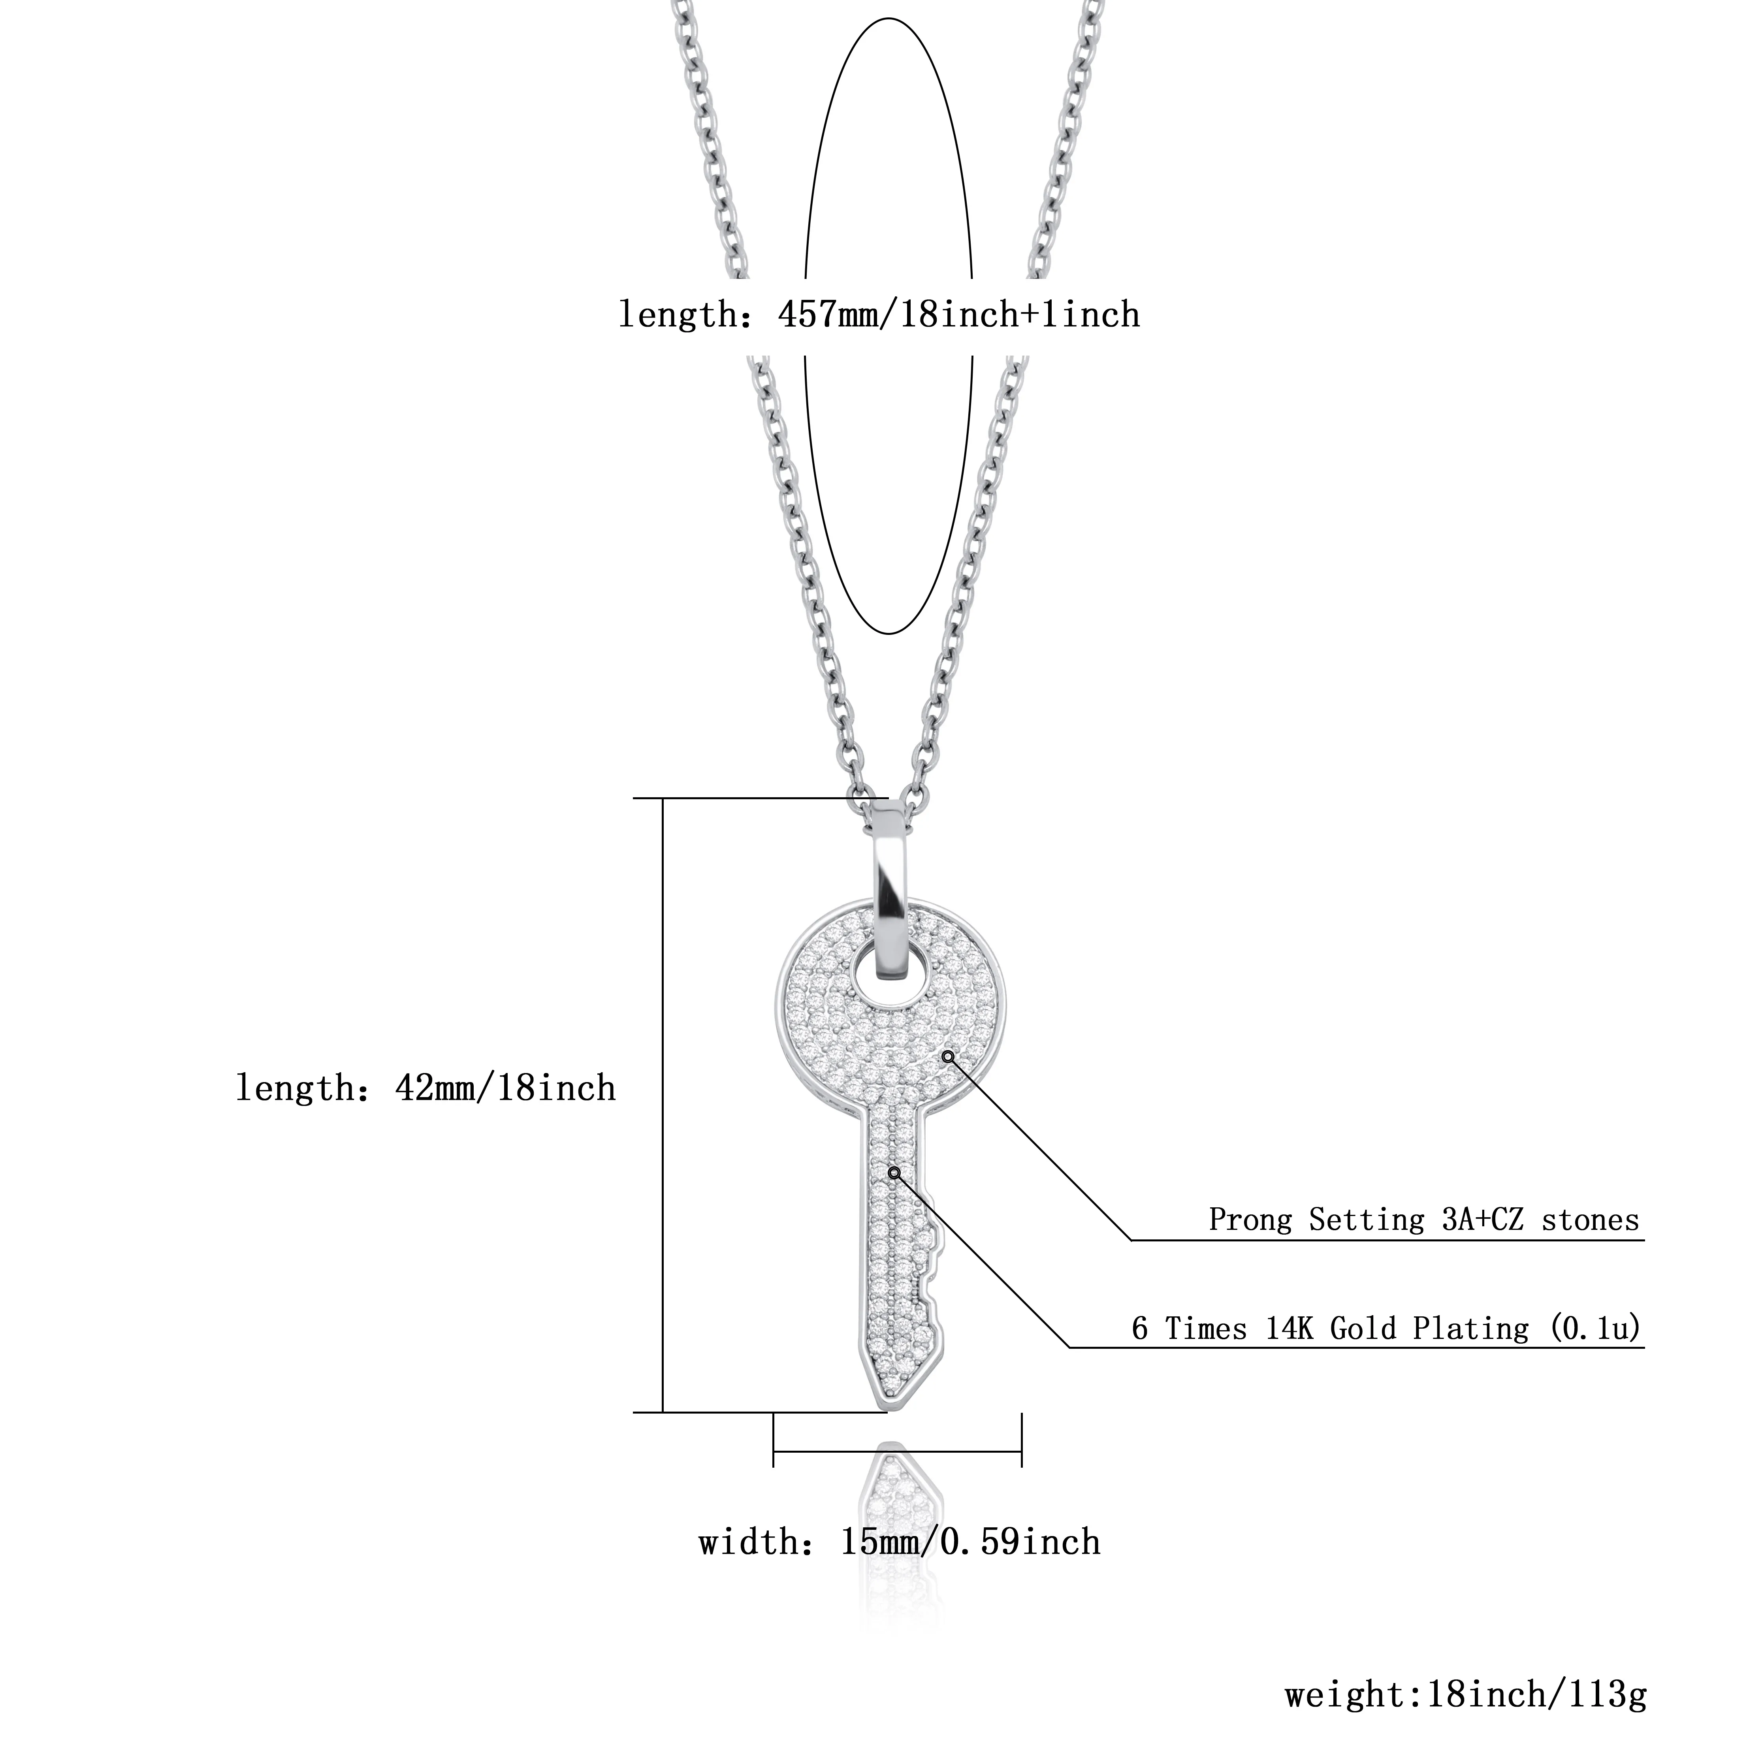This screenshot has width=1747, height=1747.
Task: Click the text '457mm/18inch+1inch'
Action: pyautogui.click(x=958, y=315)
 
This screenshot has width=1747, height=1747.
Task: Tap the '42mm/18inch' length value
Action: pyautogui.click(x=505, y=1088)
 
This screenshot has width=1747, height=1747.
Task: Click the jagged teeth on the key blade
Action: pyautogui.click(x=931, y=1266)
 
